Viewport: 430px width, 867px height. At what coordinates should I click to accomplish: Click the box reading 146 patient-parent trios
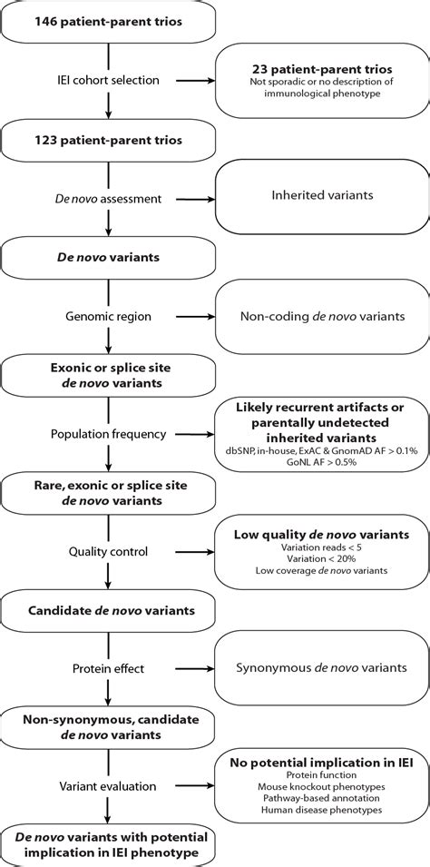pos(108,21)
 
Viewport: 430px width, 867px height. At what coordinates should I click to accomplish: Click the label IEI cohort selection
pos(108,80)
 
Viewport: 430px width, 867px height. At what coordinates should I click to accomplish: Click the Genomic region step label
pos(108,318)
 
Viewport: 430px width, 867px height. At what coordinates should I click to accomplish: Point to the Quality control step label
pos(108,550)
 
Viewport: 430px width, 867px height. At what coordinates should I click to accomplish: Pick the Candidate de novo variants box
pos(108,610)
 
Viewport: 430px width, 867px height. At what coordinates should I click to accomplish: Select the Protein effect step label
pos(108,670)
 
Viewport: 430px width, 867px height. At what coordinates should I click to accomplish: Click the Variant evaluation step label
pos(108,786)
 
